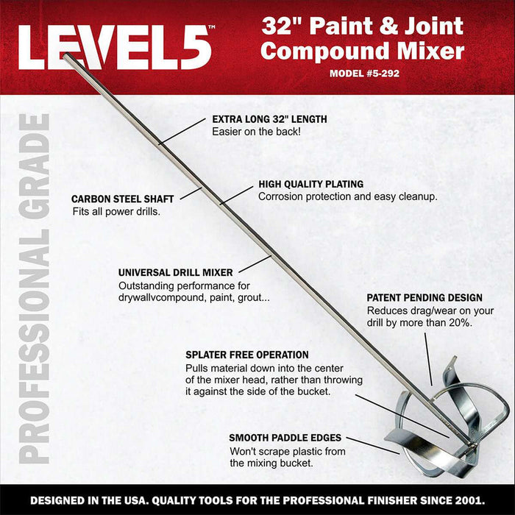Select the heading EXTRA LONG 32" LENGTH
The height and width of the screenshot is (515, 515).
[269, 118]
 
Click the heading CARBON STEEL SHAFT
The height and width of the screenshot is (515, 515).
[122, 199]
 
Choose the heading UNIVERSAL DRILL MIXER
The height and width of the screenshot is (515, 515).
[176, 272]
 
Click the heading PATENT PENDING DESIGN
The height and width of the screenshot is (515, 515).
[425, 298]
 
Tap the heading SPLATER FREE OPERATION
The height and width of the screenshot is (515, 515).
[247, 355]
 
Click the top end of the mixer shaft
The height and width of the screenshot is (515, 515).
[66, 57]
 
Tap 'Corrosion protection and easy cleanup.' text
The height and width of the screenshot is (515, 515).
[348, 197]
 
